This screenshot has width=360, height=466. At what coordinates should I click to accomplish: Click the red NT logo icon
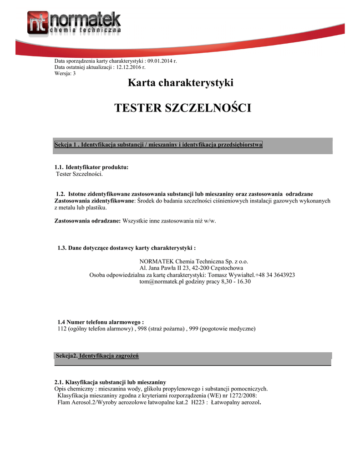37,23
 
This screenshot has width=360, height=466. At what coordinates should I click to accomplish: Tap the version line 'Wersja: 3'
65,73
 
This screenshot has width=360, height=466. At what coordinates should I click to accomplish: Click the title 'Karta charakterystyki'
181,83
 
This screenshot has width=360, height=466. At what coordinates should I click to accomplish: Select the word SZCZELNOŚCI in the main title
208,108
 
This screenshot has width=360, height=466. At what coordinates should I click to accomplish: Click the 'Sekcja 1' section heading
158,145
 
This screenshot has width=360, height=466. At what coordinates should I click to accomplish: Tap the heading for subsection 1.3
127,248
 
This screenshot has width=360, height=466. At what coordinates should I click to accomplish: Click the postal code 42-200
210,268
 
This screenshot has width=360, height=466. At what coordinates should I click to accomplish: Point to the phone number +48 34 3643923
275,275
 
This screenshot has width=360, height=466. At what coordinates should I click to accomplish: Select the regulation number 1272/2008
241,395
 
